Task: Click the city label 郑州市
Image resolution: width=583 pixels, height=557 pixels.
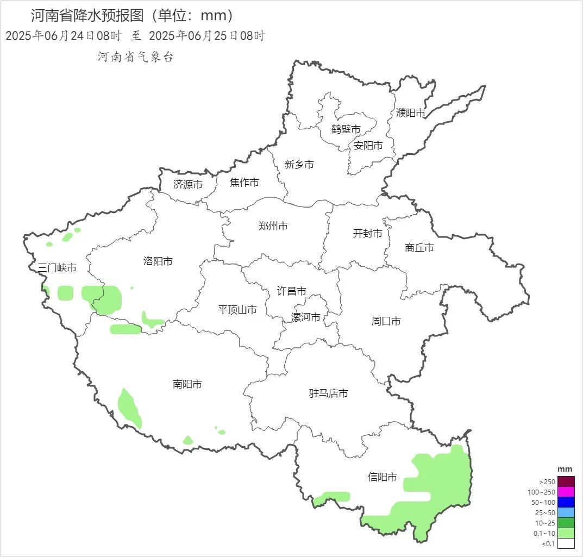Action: click(273, 226)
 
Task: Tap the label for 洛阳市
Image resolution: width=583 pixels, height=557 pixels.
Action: click(158, 261)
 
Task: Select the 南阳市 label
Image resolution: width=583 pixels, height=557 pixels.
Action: click(187, 384)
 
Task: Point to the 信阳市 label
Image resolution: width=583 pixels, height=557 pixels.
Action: click(383, 477)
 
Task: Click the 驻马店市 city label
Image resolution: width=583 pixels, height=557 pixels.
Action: click(329, 393)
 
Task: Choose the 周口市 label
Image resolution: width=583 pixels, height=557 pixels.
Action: click(386, 321)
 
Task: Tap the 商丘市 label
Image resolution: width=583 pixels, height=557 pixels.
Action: click(419, 248)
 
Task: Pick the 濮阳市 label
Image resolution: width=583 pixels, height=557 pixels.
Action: click(411, 113)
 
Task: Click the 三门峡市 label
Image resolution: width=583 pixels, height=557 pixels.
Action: click(57, 268)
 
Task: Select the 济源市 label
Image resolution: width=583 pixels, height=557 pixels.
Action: click(188, 185)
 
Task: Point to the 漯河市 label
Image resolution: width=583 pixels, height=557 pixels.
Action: click(306, 317)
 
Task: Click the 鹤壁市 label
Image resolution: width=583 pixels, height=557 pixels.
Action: click(346, 129)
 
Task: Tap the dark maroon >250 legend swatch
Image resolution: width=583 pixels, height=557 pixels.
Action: click(566, 481)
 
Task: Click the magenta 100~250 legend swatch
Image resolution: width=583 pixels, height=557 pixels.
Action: click(566, 492)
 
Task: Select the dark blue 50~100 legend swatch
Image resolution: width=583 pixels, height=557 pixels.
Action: click(566, 502)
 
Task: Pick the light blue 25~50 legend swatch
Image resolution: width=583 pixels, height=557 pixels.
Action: click(566, 512)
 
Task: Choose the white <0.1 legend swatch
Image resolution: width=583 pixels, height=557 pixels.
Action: click(566, 543)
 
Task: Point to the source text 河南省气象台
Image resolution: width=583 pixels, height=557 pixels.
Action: click(135, 57)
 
